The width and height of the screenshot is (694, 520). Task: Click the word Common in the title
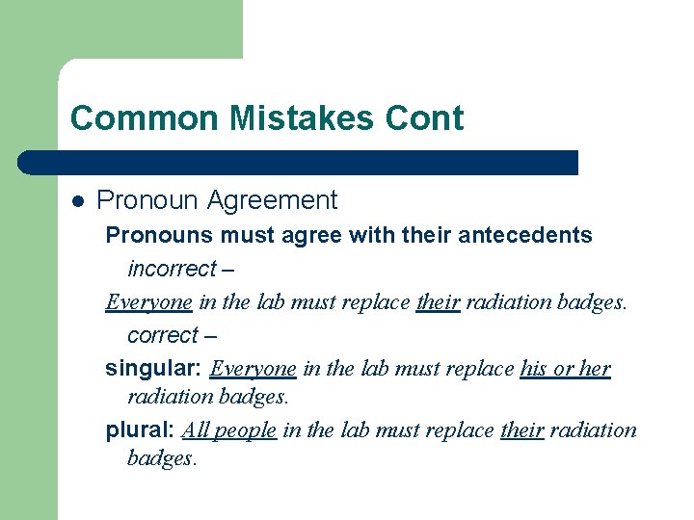coord(124,118)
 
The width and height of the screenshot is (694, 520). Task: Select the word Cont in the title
coord(425,118)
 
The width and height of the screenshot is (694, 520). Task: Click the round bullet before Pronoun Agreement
coord(78,201)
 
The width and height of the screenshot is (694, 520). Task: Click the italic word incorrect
coord(171,269)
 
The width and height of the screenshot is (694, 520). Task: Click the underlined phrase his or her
coord(565,369)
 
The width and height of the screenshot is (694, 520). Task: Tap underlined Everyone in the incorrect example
coord(148,302)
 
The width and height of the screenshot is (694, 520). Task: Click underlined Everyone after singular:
coord(253,369)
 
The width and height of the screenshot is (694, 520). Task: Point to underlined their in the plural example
coord(522,429)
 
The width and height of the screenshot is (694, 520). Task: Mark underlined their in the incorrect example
coord(438,302)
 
